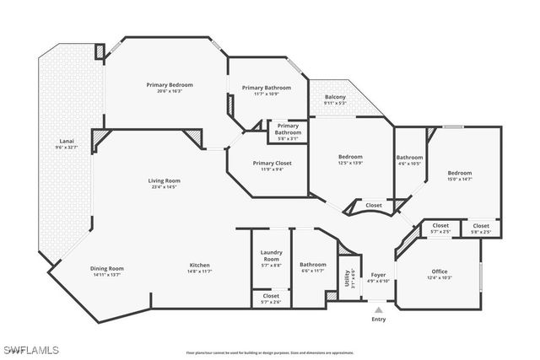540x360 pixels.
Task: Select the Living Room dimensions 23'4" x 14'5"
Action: pos(165,186)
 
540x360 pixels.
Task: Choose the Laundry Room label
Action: pos(271,255)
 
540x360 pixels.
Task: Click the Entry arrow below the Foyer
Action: pos(378,311)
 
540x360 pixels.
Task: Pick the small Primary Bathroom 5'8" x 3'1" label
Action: pos(288,130)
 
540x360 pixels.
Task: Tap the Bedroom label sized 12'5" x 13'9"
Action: pos(350,159)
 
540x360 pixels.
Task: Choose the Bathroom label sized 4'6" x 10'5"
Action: pos(409,159)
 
